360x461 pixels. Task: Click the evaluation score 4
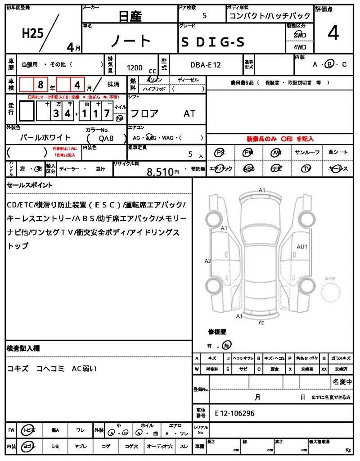[x=333, y=34]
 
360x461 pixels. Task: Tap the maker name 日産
[x=130, y=17]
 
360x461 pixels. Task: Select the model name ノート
[x=131, y=41]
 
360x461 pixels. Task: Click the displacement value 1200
[x=135, y=68]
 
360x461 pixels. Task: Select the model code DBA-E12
[x=205, y=65]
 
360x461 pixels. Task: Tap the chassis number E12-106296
[x=234, y=412]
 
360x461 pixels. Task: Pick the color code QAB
[x=106, y=139]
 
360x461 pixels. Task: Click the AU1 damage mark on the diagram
[x=301, y=247]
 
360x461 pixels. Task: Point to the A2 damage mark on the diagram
[x=208, y=261]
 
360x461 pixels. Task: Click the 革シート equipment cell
[x=338, y=152]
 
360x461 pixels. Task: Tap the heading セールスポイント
[x=30, y=185]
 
